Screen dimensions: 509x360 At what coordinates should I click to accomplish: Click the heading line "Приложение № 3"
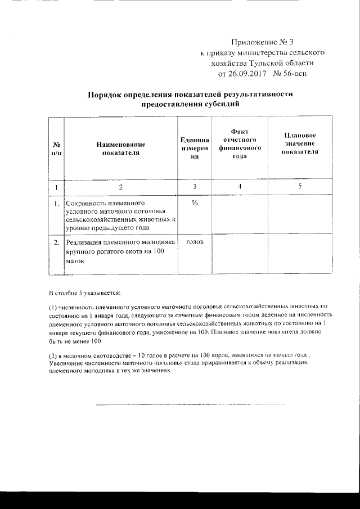(x=263, y=42)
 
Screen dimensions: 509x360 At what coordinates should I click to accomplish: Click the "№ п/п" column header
(x=56, y=148)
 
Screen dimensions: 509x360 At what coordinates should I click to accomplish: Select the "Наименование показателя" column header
(x=120, y=148)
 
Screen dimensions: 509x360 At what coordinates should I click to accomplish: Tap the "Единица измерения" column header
(x=194, y=148)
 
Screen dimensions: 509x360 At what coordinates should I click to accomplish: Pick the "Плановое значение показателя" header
(x=299, y=144)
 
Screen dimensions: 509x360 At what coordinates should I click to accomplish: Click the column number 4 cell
(x=240, y=186)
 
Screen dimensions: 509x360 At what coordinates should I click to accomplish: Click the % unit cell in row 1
(x=194, y=203)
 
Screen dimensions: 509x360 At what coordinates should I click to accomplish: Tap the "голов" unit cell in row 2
(x=194, y=242)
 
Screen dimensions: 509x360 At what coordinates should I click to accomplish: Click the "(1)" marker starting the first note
(x=53, y=308)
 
